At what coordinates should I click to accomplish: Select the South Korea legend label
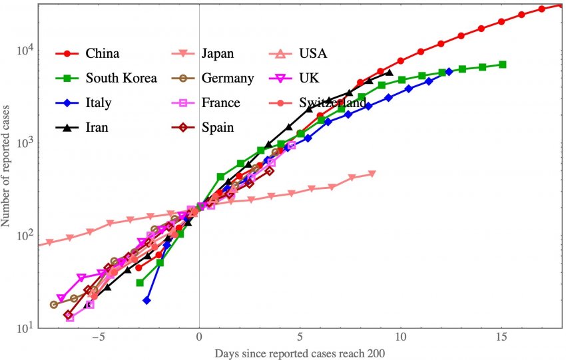(x=121, y=78)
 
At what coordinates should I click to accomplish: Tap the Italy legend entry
(x=99, y=102)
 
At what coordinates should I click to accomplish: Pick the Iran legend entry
(x=97, y=127)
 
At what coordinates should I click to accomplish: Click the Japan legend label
(x=217, y=53)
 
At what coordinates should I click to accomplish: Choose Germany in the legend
(x=228, y=78)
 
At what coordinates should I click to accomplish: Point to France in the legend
(x=221, y=102)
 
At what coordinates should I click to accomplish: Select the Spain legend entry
(x=218, y=127)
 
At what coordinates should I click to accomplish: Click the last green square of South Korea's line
(x=503, y=65)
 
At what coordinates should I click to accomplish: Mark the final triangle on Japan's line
(x=372, y=174)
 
